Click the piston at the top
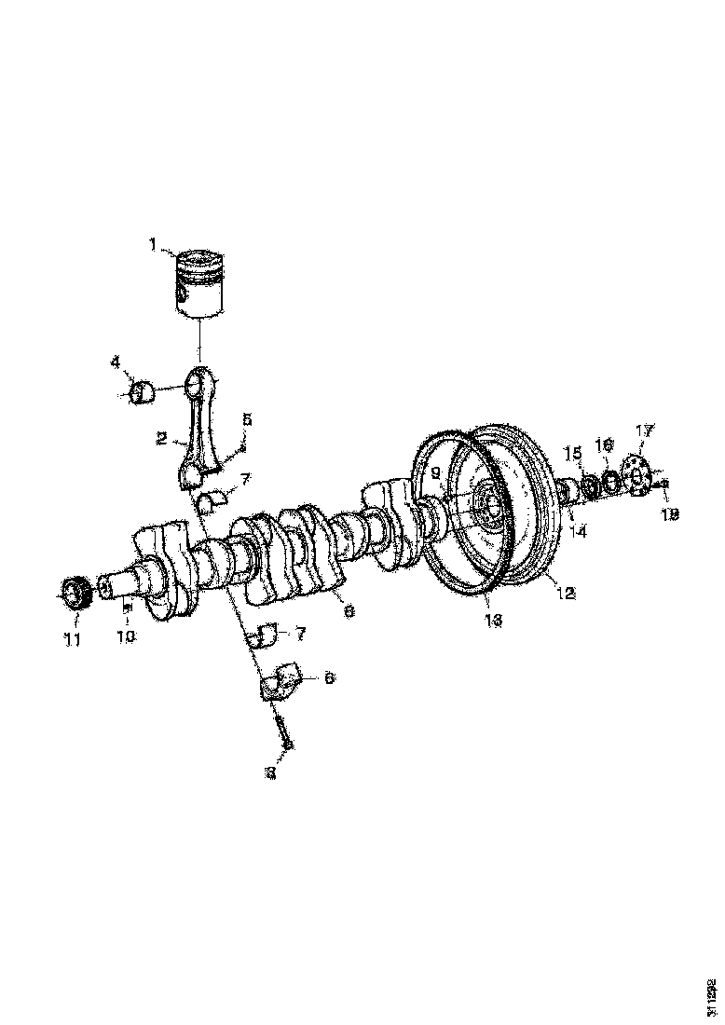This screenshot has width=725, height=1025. coord(202,283)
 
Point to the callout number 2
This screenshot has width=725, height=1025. coord(162,437)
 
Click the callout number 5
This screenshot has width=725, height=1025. coord(247,420)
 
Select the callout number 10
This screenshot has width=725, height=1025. coord(126,637)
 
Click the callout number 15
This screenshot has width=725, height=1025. coord(574,453)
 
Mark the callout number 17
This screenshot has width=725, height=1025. coord(644,430)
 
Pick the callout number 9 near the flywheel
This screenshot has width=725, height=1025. coord(434,472)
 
